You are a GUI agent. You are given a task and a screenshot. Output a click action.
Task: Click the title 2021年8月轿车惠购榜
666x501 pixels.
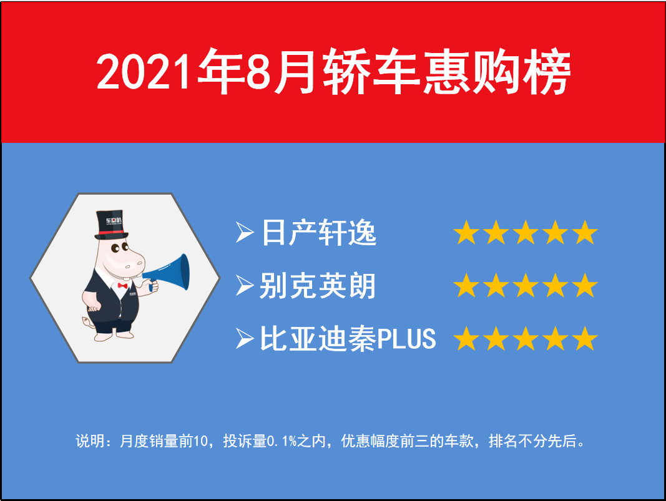[x=333, y=71]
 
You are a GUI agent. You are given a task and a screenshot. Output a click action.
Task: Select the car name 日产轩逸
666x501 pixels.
[x=319, y=232]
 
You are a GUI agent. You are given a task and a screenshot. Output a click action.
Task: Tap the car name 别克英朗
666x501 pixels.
[x=318, y=285]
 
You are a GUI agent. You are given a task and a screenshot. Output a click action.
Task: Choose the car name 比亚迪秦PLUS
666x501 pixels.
[x=348, y=338]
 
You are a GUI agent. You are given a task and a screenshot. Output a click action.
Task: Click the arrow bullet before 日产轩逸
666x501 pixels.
[x=245, y=232]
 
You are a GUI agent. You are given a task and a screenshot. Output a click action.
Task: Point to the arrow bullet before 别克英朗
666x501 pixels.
[x=245, y=285]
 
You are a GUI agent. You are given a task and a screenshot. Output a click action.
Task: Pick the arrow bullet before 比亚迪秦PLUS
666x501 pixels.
[x=245, y=338]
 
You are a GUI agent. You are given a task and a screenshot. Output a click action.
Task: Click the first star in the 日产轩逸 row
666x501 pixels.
[x=466, y=232]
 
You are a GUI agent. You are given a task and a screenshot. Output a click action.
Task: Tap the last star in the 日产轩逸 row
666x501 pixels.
[x=585, y=232]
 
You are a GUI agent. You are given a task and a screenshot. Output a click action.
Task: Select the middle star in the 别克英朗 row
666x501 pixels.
[x=526, y=285]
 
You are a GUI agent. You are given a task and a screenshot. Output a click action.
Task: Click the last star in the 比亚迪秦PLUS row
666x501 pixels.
[x=585, y=338]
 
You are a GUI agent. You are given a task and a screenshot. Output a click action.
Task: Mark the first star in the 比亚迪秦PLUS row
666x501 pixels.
[x=466, y=338]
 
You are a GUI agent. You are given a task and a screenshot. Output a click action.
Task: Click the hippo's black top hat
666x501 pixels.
[x=111, y=225]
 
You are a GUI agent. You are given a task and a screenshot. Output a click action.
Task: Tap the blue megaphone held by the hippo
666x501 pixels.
[x=168, y=273]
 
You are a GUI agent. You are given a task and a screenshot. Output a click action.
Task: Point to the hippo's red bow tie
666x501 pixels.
[x=123, y=286]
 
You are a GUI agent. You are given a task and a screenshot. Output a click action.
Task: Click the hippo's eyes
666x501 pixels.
[x=119, y=248]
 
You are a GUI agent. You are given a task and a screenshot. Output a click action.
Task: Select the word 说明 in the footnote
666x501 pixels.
[x=90, y=440]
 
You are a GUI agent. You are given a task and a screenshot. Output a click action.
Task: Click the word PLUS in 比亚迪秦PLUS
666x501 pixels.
[x=407, y=339]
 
